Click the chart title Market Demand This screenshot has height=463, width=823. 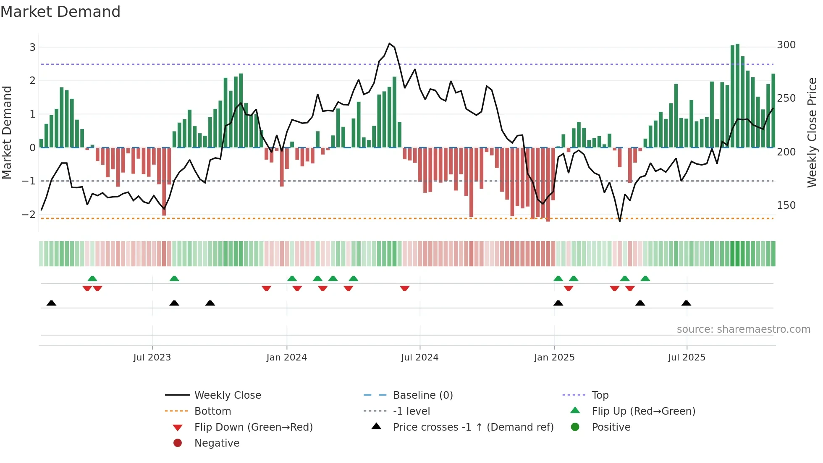coord(60,12)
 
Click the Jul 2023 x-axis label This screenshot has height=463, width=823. coord(152,358)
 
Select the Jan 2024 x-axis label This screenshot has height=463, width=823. coord(286,358)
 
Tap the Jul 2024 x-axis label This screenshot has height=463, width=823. coord(419,358)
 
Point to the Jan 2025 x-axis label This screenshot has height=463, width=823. coord(554,358)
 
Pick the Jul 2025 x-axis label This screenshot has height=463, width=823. coord(687,358)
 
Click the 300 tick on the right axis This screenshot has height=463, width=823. coord(786,45)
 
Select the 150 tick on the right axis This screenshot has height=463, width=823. coord(786,205)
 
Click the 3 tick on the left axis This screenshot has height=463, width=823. coord(32,47)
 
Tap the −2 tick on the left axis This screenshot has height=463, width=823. coord(29,215)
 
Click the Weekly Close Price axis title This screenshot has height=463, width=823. coord(812,132)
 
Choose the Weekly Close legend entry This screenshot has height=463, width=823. coord(228,395)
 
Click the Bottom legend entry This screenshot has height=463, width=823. coord(212,411)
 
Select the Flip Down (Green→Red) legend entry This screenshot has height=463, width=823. coord(253,427)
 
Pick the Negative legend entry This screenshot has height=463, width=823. coord(217,443)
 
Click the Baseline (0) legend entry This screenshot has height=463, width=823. coord(422,395)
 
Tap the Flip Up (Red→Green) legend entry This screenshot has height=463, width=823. coord(643,411)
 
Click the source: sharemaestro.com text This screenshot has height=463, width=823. coord(743,329)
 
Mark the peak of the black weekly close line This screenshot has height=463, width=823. coord(389,43)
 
